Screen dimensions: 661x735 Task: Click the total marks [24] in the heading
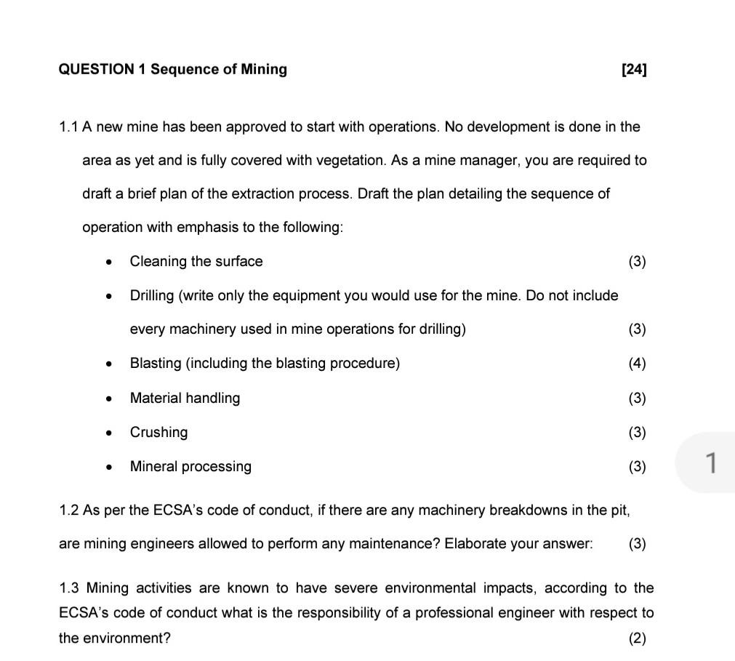click(634, 70)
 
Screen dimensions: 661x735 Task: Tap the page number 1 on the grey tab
click(712, 462)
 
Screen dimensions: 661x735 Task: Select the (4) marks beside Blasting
click(637, 364)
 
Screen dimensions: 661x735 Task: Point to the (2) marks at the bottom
click(637, 638)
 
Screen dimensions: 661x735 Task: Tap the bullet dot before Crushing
click(108, 433)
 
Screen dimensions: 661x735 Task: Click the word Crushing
click(158, 433)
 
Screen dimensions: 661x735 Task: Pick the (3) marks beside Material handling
click(637, 398)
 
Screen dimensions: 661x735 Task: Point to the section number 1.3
click(69, 588)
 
